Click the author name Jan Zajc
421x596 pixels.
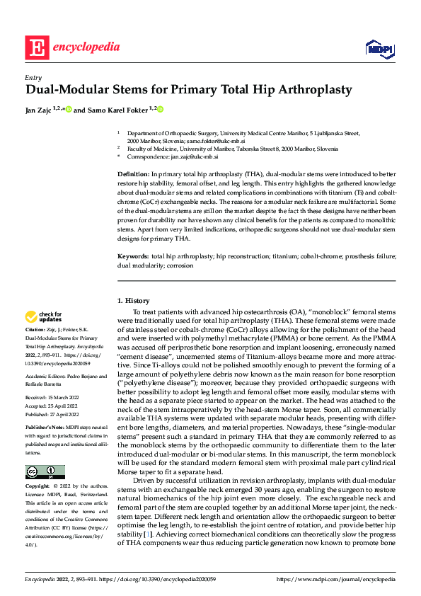point(40,110)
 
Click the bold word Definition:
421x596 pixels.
point(133,173)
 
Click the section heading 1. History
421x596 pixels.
point(134,301)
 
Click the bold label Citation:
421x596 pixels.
point(35,331)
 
